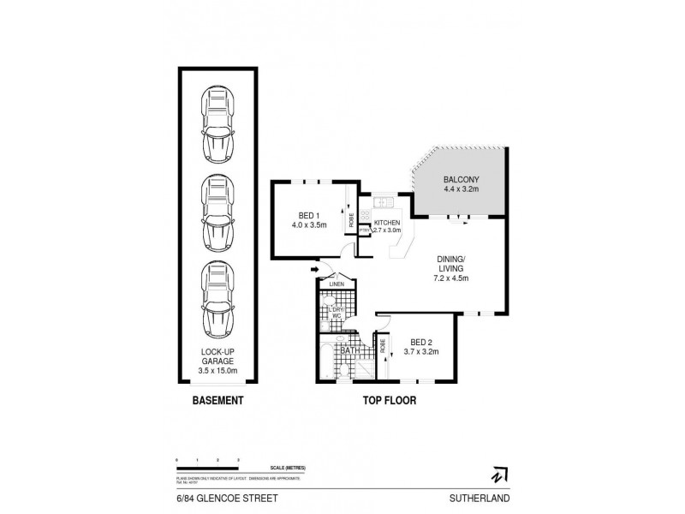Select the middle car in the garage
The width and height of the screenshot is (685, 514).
coord(217,212)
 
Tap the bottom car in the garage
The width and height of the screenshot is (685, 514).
coord(217,300)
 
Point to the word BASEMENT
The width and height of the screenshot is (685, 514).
coord(217,401)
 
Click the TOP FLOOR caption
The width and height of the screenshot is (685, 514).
coord(381,401)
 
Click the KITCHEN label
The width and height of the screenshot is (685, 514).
coord(388,223)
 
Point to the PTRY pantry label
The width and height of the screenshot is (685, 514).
coord(364,230)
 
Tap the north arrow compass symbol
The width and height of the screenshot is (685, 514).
coord(497,474)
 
